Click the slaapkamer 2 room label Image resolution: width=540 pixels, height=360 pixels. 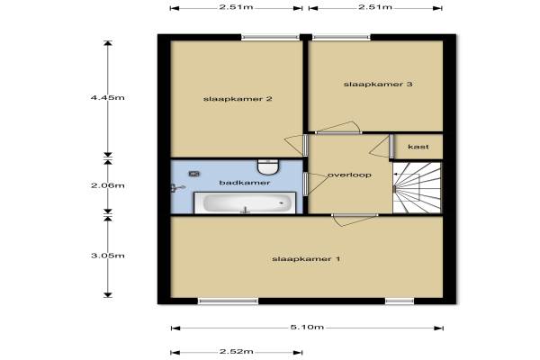point(238,99)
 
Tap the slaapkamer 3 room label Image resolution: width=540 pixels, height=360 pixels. point(378,84)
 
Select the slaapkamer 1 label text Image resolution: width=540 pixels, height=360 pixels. point(306,259)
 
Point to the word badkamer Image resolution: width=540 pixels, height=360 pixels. point(245,183)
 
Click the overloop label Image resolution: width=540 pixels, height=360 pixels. point(349,175)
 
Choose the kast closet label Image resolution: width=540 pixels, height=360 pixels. point(418,147)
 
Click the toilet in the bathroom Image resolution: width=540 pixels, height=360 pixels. point(268,167)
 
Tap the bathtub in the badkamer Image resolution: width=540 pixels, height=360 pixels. point(245,202)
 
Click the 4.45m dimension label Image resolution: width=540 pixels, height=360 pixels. point(107,98)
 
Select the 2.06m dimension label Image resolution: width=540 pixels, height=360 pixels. point(108,185)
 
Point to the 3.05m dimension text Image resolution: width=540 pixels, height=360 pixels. point(108,256)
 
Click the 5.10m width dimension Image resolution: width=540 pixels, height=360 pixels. point(307,328)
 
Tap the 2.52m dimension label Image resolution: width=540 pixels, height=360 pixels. point(236,352)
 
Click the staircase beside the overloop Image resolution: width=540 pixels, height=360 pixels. point(417,188)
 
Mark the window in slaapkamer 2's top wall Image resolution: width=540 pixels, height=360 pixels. point(270,37)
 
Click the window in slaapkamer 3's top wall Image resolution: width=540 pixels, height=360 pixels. point(341,37)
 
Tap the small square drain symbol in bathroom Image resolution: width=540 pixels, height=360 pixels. point(194,174)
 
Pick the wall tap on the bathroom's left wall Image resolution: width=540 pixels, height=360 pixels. point(177,188)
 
